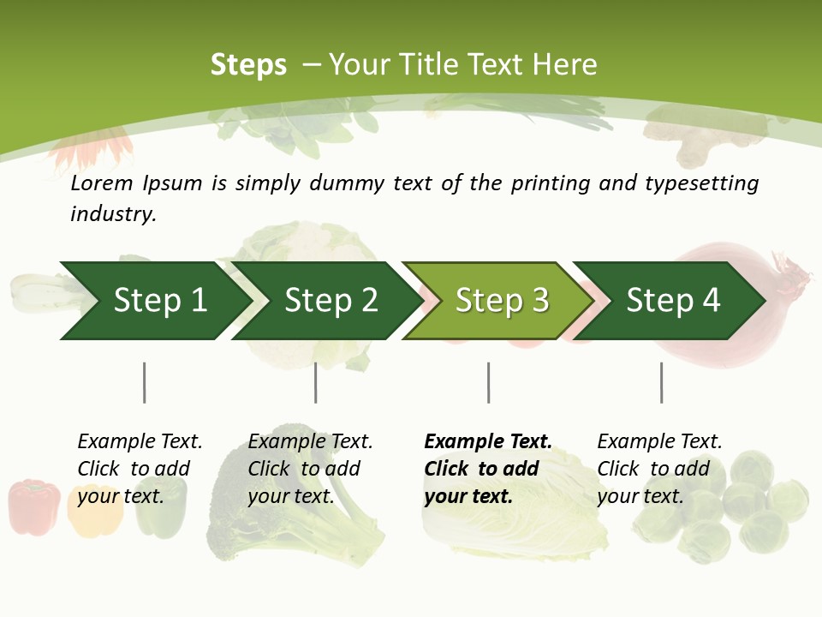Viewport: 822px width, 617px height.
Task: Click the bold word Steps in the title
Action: tap(248, 65)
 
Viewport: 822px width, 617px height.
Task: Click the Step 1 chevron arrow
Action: tap(154, 300)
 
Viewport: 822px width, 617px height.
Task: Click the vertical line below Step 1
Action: tap(144, 382)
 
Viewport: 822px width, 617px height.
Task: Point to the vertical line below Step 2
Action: tap(316, 382)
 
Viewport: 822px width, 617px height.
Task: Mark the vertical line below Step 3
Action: tap(488, 382)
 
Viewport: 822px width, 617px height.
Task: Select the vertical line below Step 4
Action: tap(661, 382)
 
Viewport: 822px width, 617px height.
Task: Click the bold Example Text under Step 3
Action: tap(488, 441)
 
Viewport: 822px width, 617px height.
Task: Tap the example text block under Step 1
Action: tap(140, 469)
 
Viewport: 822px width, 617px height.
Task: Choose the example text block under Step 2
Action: tap(310, 469)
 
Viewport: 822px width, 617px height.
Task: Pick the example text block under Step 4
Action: tap(659, 469)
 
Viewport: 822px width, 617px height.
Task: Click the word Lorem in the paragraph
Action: tap(102, 183)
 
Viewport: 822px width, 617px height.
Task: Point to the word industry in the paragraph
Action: tap(113, 214)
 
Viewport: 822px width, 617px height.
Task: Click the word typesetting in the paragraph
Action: tap(701, 183)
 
